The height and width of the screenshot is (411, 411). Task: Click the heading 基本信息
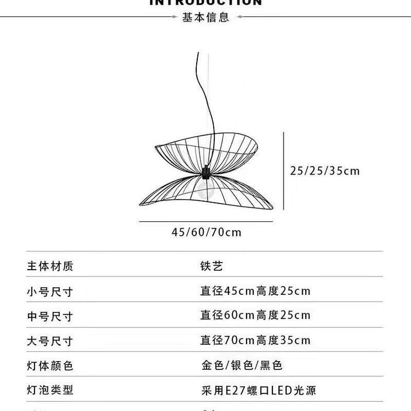click(206, 17)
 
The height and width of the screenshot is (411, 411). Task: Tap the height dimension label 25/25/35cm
click(325, 171)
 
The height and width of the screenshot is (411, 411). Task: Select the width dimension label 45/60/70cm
click(206, 232)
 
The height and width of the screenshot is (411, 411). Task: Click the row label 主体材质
click(50, 266)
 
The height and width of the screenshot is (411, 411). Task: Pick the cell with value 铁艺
click(212, 266)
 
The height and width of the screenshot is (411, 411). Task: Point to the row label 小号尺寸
click(50, 292)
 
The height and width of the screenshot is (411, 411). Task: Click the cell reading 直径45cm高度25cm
click(255, 291)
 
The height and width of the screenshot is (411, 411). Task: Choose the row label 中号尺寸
click(50, 316)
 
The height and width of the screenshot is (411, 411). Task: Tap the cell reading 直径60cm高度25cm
click(255, 315)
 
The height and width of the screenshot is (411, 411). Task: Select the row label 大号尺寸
click(50, 341)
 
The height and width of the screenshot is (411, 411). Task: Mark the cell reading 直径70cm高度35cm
click(255, 340)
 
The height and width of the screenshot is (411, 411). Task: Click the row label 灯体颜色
click(50, 366)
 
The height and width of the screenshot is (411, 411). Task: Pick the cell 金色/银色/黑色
click(241, 365)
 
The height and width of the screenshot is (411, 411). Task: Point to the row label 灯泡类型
click(50, 390)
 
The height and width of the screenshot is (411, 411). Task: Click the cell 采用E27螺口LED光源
click(258, 390)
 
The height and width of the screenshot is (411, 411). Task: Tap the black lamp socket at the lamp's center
click(206, 172)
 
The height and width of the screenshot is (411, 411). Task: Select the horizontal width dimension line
click(206, 222)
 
